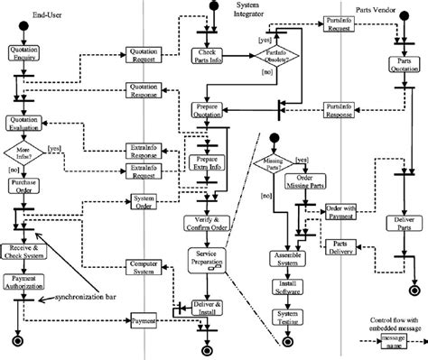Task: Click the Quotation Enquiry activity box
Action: pos(22,51)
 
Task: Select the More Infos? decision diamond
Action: pos(22,154)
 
